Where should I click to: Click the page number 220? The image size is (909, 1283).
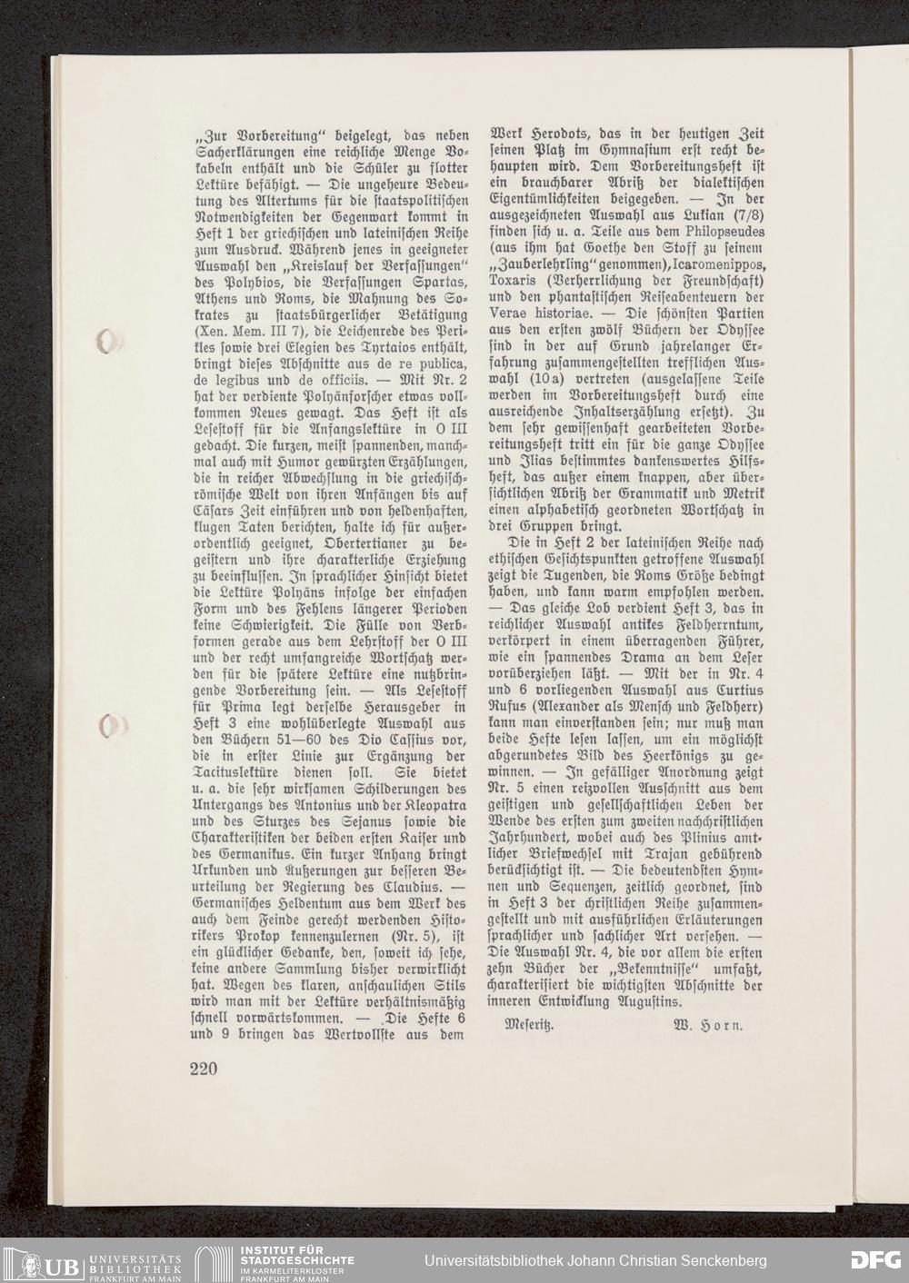pos(205,1069)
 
